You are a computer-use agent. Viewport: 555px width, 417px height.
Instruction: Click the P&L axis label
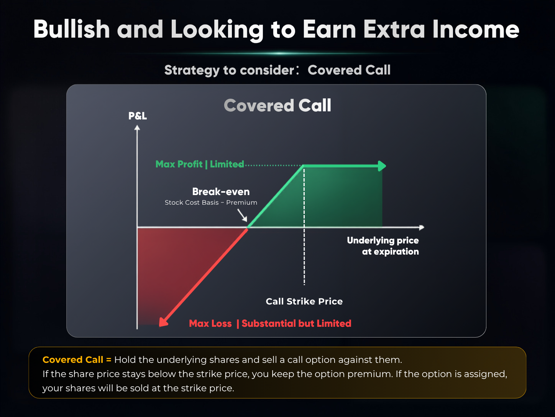tap(138, 116)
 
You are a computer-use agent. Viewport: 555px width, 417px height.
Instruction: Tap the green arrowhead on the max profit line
tap(382, 166)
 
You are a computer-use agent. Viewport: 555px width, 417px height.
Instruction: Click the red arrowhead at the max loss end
tap(163, 322)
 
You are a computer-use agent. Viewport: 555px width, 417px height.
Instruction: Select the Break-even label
tap(221, 192)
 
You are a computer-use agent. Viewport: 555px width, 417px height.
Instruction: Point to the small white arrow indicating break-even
tap(242, 215)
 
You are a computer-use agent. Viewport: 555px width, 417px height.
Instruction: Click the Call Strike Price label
tap(304, 301)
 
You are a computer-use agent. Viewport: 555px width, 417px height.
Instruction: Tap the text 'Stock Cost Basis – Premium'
tap(211, 203)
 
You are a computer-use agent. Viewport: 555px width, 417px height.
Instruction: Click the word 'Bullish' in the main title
tap(72, 29)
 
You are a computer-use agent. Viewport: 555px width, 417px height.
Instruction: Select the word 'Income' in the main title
tap(476, 29)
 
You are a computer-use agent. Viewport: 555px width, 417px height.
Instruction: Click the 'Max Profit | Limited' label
tap(200, 164)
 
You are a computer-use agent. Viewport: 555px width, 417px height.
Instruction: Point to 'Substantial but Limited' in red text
tap(296, 323)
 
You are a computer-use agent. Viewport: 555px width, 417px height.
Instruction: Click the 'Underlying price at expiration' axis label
tap(383, 246)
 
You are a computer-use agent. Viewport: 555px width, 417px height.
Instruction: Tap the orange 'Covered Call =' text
tap(77, 359)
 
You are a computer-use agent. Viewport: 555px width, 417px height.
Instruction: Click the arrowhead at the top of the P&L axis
tap(137, 128)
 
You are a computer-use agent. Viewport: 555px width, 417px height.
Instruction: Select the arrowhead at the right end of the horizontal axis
tap(422, 227)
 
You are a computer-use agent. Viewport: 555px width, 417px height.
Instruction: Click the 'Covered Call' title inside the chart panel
tap(277, 105)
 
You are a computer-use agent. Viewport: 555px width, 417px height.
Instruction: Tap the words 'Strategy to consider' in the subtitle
tap(229, 70)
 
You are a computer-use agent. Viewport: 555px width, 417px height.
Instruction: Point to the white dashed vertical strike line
tap(304, 226)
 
